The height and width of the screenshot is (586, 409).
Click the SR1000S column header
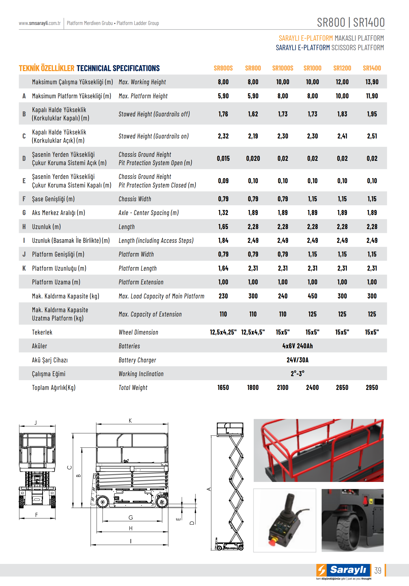283,68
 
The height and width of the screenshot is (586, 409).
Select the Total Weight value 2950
372,388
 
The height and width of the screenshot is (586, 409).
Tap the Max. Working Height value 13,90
372,82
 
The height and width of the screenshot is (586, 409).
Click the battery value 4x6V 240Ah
297,346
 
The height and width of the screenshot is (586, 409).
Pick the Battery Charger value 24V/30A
297,360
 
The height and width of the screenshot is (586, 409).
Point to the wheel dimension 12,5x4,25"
223,332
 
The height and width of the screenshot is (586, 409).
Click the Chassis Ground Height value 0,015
223,159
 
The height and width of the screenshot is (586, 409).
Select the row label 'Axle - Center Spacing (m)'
149,213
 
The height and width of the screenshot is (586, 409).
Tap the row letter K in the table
24,268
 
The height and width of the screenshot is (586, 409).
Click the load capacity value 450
312,296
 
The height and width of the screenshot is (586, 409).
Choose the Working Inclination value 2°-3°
297,374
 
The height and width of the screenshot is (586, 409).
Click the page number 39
378,571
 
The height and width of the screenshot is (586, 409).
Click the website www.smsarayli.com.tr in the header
40,23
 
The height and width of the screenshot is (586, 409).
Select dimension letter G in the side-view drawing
131,517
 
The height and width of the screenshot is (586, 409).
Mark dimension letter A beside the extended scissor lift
209,489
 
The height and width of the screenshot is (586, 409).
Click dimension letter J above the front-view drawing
36,422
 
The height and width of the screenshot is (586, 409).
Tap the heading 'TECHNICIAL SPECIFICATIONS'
118,68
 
